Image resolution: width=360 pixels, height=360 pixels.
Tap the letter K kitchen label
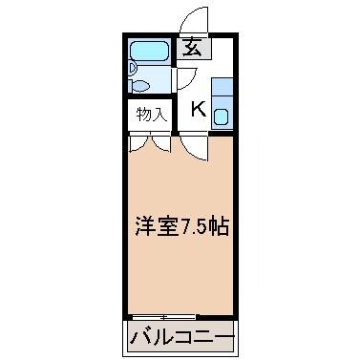tap(199, 108)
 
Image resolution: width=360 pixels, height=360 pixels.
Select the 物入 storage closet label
tap(151, 116)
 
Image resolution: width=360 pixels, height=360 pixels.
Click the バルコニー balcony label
tap(181, 337)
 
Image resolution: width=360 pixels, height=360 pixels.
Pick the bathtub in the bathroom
tap(150, 51)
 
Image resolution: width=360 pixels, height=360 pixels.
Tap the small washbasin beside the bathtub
tap(132, 69)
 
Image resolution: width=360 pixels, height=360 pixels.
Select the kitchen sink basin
tap(221, 117)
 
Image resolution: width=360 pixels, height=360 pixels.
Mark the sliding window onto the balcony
tap(164, 316)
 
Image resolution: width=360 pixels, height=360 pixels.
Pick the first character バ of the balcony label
tap(138, 337)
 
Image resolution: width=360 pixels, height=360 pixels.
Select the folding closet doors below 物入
tap(150, 142)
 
